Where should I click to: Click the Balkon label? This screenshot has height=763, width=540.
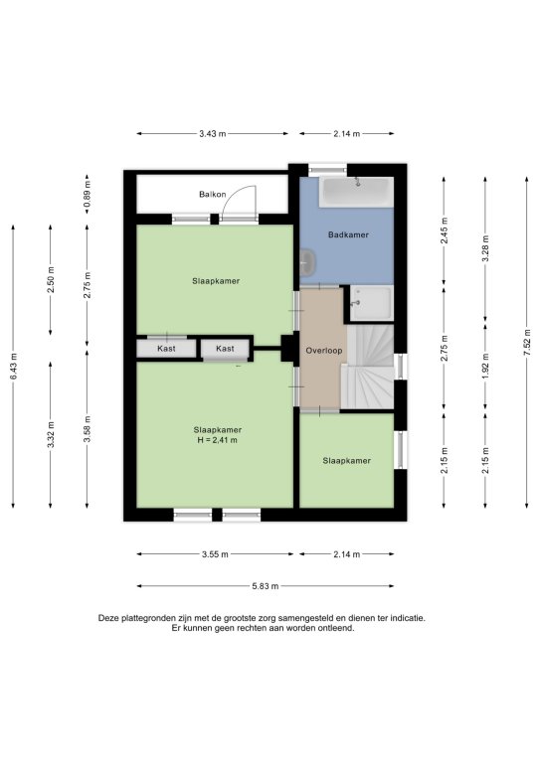pyautogui.click(x=212, y=194)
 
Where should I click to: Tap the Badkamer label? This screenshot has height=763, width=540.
pyautogui.click(x=348, y=234)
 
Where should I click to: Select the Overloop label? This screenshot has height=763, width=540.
pyautogui.click(x=324, y=351)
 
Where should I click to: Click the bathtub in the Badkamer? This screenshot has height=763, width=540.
pyautogui.click(x=356, y=192)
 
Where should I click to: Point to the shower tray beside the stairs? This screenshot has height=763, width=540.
pyautogui.click(x=372, y=303)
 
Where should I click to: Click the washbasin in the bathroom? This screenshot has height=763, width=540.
pyautogui.click(x=307, y=262)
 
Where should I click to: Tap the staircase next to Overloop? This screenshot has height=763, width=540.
pyautogui.click(x=369, y=367)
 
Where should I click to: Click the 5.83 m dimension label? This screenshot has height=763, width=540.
pyautogui.click(x=266, y=586)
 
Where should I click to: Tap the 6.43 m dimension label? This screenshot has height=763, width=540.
pyautogui.click(x=13, y=367)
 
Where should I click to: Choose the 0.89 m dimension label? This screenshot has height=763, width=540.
pyautogui.click(x=88, y=195)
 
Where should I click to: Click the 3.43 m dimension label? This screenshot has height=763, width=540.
pyautogui.click(x=212, y=134)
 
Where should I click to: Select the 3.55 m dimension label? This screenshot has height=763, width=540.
pyautogui.click(x=215, y=553)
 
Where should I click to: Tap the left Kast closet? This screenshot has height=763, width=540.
pyautogui.click(x=166, y=349)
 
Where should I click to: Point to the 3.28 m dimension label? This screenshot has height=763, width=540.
pyautogui.click(x=485, y=248)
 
